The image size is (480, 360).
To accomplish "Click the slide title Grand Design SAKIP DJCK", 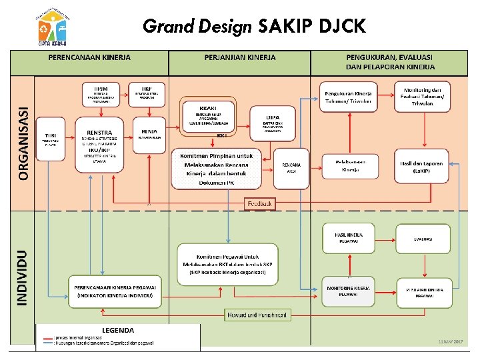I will pyautogui.click(x=253, y=26).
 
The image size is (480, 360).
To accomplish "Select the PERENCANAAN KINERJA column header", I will pyautogui.click(x=89, y=58).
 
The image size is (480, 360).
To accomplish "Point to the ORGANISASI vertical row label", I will pyautogui.click(x=24, y=143).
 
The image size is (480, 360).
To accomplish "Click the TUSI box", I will pyautogui.click(x=50, y=138).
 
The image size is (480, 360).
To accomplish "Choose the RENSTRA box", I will pyautogui.click(x=99, y=140).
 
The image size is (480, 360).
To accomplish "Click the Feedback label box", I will pyautogui.click(x=259, y=203).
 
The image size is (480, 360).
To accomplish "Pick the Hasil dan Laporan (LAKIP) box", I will pyautogui.click(x=422, y=166).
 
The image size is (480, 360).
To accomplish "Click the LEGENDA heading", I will pyautogui.click(x=118, y=330).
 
